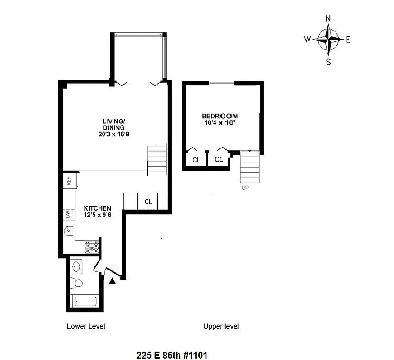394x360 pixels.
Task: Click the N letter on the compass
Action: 328,18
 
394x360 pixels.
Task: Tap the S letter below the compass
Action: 328,62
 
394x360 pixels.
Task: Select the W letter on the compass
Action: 307,40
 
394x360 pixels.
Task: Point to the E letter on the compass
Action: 348,40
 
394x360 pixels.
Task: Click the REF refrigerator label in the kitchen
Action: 69,181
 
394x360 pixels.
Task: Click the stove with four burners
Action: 92,247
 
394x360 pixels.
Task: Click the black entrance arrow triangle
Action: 112,281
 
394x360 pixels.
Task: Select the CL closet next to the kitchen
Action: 148,202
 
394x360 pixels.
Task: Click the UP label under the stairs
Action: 245,188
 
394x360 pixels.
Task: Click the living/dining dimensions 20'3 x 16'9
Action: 114,134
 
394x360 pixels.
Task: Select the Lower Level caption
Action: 86,326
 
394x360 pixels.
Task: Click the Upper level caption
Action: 221,326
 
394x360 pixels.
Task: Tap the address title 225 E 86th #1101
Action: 171,355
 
